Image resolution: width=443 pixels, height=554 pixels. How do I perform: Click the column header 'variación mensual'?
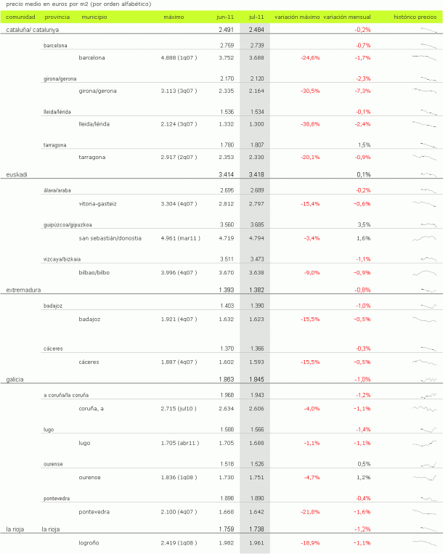tap(347, 16)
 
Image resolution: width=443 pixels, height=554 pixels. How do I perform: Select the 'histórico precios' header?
tap(415, 16)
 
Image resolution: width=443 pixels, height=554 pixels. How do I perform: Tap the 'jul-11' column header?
tap(256, 16)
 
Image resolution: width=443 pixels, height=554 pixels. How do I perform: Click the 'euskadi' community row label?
tap(17, 175)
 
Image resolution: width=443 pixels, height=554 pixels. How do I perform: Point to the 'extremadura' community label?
tap(23, 290)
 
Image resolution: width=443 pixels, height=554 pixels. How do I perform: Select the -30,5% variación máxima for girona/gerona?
tap(310, 91)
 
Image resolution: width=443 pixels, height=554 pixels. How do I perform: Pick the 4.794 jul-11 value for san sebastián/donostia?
tap(256, 238)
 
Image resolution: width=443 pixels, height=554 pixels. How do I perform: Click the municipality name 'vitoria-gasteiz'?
tap(97, 204)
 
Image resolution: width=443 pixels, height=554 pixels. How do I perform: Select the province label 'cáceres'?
tap(52, 349)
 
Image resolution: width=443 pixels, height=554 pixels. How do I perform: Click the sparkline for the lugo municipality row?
tap(426, 443)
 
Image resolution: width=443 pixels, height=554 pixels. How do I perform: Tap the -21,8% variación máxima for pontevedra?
tap(310, 512)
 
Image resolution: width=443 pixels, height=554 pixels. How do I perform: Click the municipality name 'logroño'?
tap(90, 542)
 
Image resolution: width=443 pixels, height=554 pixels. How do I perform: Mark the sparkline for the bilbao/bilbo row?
tap(426, 272)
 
